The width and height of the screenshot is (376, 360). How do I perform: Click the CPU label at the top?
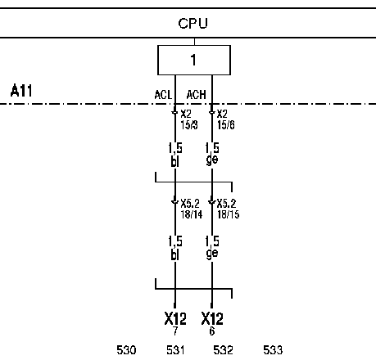(x=193, y=24)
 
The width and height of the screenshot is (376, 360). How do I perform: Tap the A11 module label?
(x=21, y=91)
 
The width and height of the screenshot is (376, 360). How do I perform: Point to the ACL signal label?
(x=163, y=95)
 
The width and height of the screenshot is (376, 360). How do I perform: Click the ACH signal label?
(x=196, y=95)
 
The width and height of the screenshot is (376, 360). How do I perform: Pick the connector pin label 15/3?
(x=189, y=125)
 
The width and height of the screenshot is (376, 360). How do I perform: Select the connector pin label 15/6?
(x=226, y=125)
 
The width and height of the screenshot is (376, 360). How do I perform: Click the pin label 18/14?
(x=192, y=214)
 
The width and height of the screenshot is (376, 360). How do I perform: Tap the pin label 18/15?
(x=229, y=214)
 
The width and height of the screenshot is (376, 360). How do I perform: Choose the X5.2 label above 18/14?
(x=190, y=204)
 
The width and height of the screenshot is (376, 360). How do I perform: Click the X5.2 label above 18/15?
(x=226, y=204)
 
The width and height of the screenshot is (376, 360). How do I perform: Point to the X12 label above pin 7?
(x=175, y=318)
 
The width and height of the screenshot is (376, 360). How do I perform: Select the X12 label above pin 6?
(x=212, y=318)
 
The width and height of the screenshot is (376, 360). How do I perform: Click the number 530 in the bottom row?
(x=126, y=350)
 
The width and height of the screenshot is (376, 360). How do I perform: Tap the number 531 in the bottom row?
(x=175, y=350)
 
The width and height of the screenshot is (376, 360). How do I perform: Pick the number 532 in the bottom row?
(x=223, y=350)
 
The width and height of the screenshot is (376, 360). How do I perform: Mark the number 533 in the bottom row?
(x=273, y=350)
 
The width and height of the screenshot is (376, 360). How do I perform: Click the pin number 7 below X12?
(x=175, y=331)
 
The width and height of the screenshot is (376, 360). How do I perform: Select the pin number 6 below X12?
(x=212, y=331)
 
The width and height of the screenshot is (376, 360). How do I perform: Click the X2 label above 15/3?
(x=186, y=114)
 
